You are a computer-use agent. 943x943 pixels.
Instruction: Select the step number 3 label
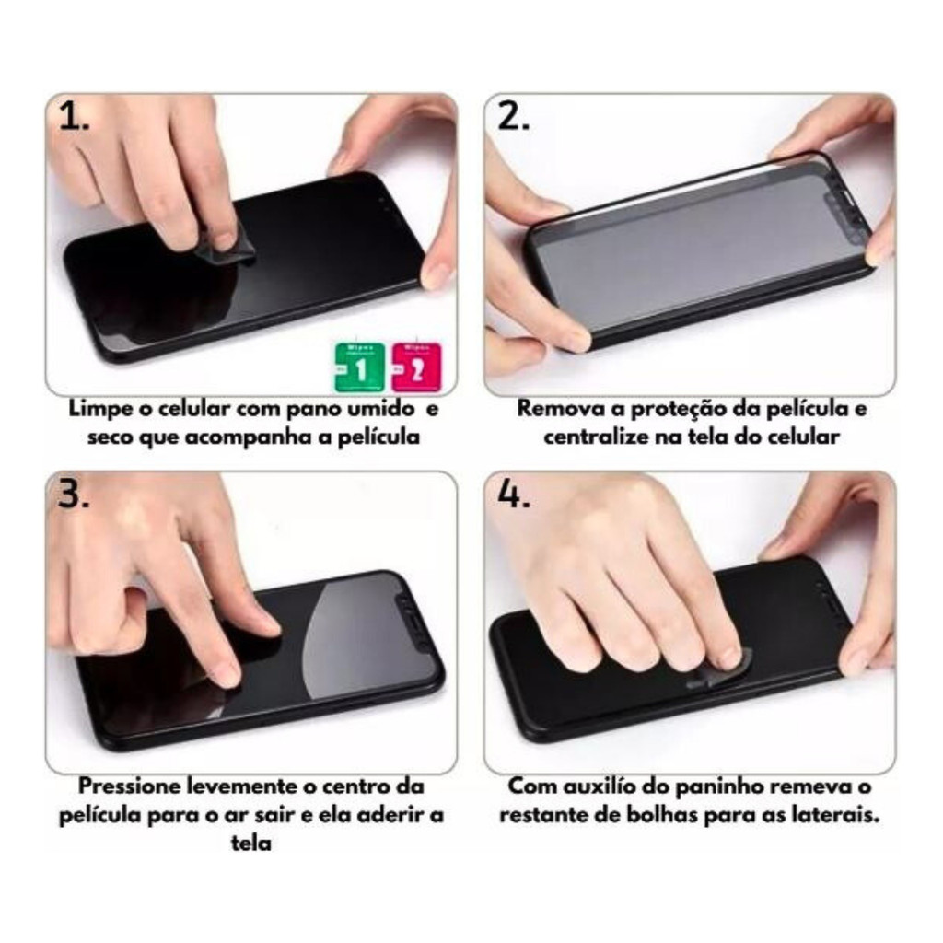[x=74, y=495]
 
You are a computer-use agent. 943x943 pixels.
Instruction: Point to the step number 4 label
[x=513, y=495]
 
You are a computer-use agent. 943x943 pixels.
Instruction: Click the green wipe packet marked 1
[x=360, y=367]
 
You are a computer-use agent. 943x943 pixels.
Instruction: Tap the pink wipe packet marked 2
[x=416, y=367]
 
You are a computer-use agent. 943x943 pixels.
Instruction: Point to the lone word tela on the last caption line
[x=250, y=844]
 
